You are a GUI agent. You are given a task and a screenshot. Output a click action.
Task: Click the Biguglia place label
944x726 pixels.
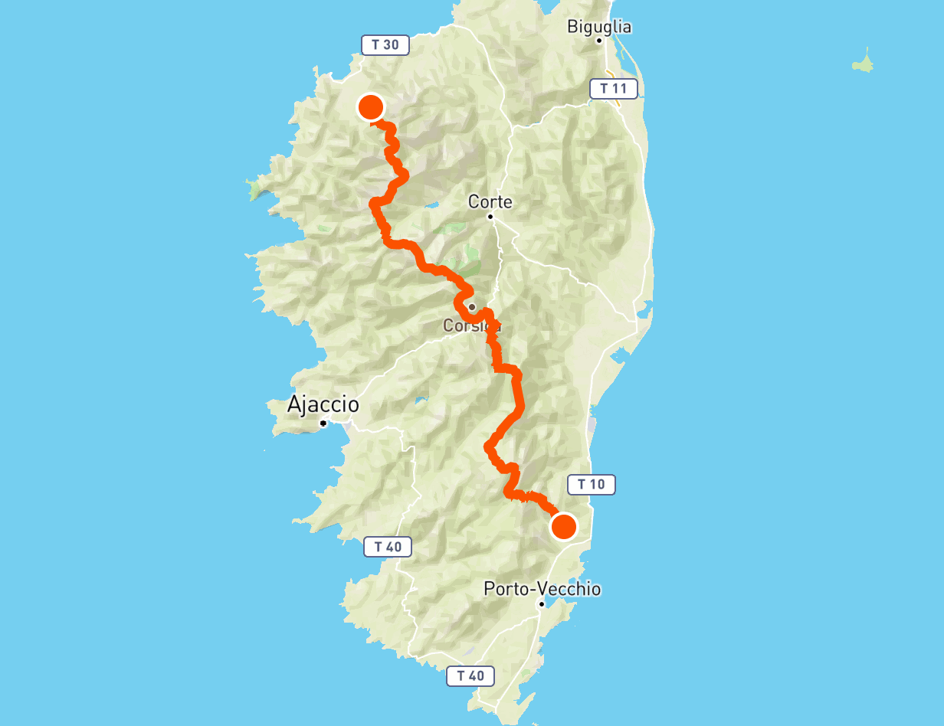(599, 27)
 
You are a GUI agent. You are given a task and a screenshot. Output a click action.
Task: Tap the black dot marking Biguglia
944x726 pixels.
(599, 40)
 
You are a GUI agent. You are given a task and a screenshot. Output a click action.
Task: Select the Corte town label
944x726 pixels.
(490, 201)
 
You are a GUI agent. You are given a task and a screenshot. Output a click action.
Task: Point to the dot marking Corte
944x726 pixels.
(490, 217)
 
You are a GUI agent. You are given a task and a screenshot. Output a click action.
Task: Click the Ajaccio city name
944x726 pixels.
(323, 404)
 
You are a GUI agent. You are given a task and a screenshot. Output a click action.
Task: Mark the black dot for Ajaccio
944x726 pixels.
(324, 423)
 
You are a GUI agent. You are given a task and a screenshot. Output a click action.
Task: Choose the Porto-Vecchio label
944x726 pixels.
(542, 589)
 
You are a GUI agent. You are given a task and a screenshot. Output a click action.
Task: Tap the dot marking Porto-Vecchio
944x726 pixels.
(541, 604)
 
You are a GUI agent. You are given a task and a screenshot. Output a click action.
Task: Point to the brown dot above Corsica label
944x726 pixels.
(472, 307)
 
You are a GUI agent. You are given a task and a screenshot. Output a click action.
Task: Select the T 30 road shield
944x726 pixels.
(385, 44)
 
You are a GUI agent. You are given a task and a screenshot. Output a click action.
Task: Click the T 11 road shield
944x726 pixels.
(614, 88)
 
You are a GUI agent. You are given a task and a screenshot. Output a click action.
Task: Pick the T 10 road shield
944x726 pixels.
(591, 484)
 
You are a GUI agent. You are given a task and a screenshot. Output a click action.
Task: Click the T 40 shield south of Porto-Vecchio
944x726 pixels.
(470, 675)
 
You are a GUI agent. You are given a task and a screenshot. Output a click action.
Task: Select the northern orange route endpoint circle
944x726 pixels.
(371, 107)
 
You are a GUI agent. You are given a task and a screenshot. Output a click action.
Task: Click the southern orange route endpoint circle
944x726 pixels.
(564, 527)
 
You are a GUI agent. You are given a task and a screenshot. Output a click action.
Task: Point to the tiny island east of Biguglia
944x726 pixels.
(864, 63)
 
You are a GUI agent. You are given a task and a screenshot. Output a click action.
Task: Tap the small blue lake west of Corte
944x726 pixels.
(430, 205)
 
